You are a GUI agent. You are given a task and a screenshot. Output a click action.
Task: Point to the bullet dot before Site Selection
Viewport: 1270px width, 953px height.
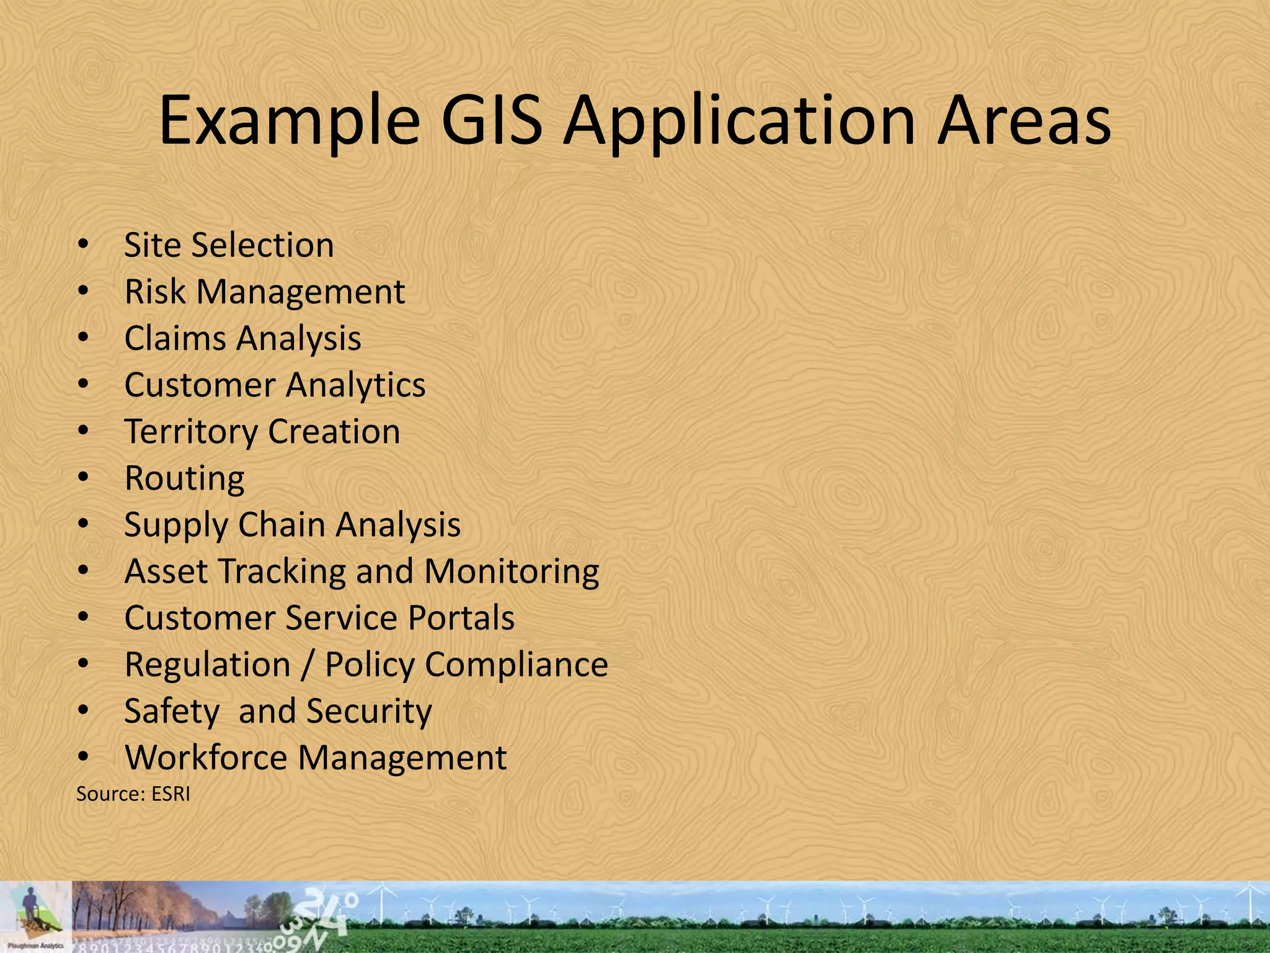coord(84,244)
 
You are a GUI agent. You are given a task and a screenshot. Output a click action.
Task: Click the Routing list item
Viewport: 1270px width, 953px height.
coord(184,478)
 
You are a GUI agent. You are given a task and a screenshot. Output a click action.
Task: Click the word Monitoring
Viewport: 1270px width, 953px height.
coord(512,571)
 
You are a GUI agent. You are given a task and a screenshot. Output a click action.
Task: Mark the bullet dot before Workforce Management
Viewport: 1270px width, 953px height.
coord(84,758)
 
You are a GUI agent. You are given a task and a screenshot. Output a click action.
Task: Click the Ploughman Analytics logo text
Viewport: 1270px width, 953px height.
coord(35,946)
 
